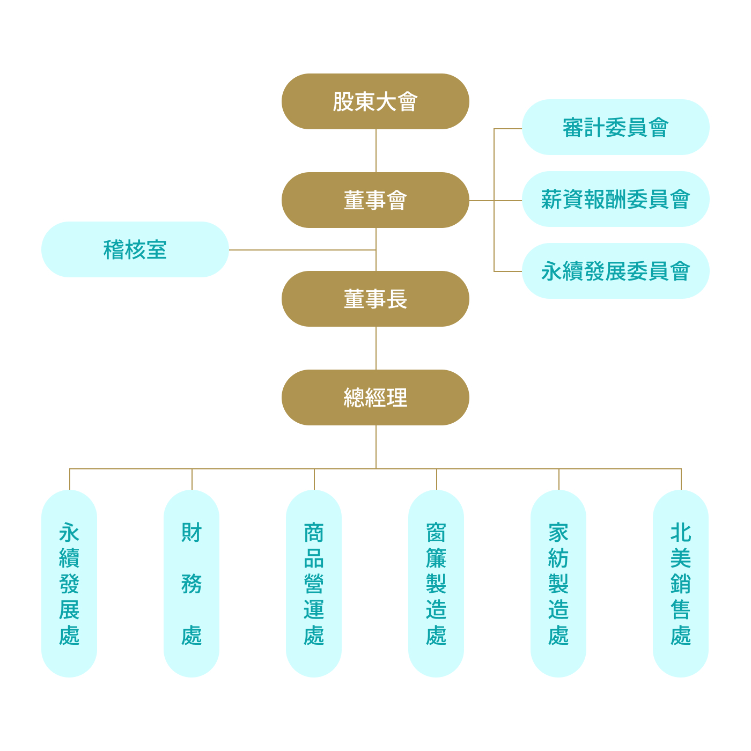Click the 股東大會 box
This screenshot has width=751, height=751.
pos(375,101)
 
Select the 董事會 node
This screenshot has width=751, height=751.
pos(375,200)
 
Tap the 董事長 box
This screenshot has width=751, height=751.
pos(375,299)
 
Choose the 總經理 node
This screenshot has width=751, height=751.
pos(375,397)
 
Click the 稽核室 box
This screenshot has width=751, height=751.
pos(135,249)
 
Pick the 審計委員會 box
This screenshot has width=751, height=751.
pos(615,127)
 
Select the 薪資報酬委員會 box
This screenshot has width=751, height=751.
pos(615,199)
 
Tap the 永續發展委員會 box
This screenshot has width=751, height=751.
pos(615,271)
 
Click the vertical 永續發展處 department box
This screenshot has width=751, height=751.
pos(69,583)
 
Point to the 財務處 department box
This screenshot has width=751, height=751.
pos(192,583)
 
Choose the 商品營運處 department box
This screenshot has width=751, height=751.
pos(314,583)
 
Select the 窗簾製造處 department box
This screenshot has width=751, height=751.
pos(436,583)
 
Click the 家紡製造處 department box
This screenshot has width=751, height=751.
pos(558,583)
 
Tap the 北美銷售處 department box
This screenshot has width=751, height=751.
pos(681,583)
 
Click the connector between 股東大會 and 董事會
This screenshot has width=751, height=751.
pos(376,151)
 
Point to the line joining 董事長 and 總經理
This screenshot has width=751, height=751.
pos(376,348)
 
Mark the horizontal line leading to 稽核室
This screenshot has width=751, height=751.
pos(300,250)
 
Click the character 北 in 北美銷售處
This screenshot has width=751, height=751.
pos(681,533)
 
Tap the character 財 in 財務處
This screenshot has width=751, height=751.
pos(192,533)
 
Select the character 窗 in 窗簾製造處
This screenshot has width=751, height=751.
pos(436,533)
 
